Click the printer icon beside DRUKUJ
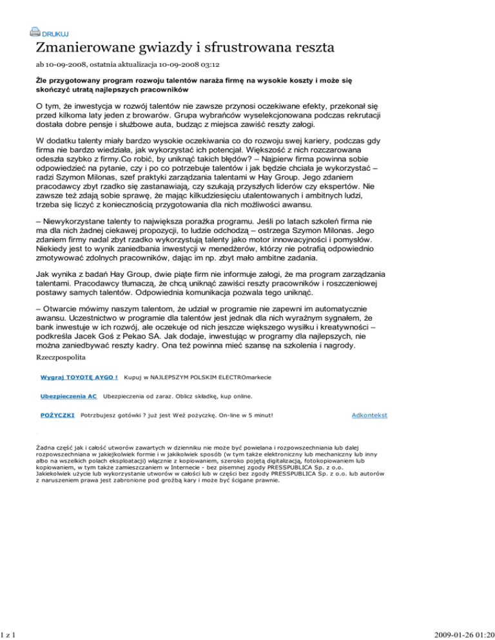click(x=34, y=31)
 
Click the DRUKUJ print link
click(x=55, y=33)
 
